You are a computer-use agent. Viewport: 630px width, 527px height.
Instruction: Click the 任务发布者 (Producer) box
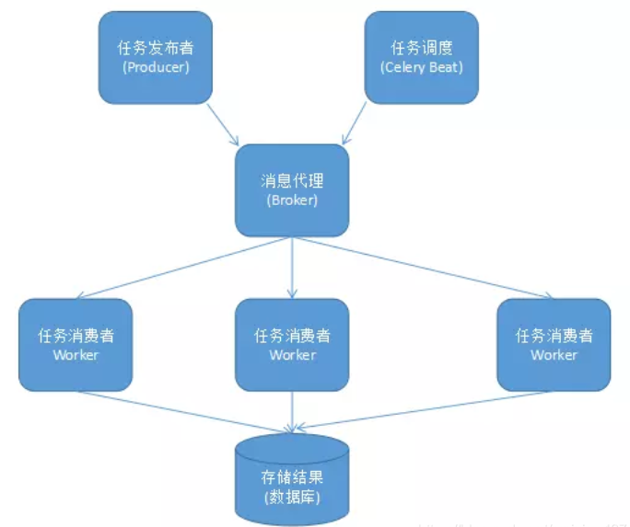(x=154, y=56)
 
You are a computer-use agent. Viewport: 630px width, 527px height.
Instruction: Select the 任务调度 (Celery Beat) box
(x=422, y=56)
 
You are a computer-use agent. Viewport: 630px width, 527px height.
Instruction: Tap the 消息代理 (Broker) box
(x=291, y=189)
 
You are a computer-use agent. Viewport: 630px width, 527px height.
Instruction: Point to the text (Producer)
(x=154, y=67)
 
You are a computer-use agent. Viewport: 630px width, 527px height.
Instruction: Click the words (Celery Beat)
(x=422, y=67)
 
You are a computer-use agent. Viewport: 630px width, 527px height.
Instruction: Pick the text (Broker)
(x=291, y=200)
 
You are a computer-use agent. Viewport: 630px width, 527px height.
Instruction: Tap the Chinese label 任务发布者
(x=154, y=47)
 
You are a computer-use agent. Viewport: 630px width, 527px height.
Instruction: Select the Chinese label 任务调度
(x=422, y=47)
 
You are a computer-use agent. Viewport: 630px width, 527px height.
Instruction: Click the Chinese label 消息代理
(x=291, y=180)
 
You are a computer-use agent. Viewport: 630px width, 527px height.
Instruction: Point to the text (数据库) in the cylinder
(x=291, y=498)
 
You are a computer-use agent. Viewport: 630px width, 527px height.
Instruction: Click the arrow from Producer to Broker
(x=223, y=123)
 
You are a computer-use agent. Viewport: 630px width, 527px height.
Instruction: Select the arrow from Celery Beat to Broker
(x=356, y=123)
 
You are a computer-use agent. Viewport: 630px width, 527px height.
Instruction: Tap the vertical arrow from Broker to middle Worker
(x=292, y=267)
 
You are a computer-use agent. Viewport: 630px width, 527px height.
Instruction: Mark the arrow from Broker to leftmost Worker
(x=184, y=267)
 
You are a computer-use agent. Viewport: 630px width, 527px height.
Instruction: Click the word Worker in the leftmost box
(x=76, y=355)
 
